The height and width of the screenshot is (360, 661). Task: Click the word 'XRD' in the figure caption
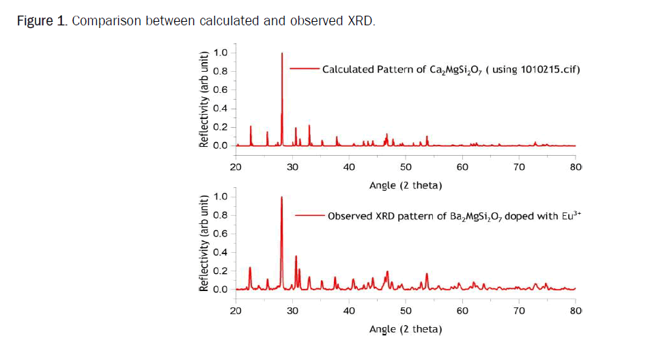tap(361, 20)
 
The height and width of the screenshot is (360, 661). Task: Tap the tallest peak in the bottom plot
tap(281, 199)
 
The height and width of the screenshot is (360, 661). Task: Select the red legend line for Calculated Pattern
tap(305, 69)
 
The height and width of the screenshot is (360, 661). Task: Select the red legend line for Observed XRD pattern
tap(309, 216)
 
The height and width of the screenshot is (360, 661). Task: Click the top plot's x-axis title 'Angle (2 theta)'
tap(405, 185)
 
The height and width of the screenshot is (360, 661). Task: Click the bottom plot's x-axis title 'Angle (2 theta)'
tap(405, 329)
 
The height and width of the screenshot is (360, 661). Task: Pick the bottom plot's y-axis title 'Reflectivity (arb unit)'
tap(203, 243)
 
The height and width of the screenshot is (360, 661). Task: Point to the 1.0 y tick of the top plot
tap(221, 53)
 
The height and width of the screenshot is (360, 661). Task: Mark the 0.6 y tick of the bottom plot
tap(221, 234)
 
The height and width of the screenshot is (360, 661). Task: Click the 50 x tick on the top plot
tap(406, 167)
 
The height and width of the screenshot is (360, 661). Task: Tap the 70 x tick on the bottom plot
tap(518, 311)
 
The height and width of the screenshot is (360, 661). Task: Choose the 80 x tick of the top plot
tap(575, 167)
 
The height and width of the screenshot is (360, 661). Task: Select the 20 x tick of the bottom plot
tap(236, 311)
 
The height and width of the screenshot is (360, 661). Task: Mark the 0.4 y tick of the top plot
tap(221, 108)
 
